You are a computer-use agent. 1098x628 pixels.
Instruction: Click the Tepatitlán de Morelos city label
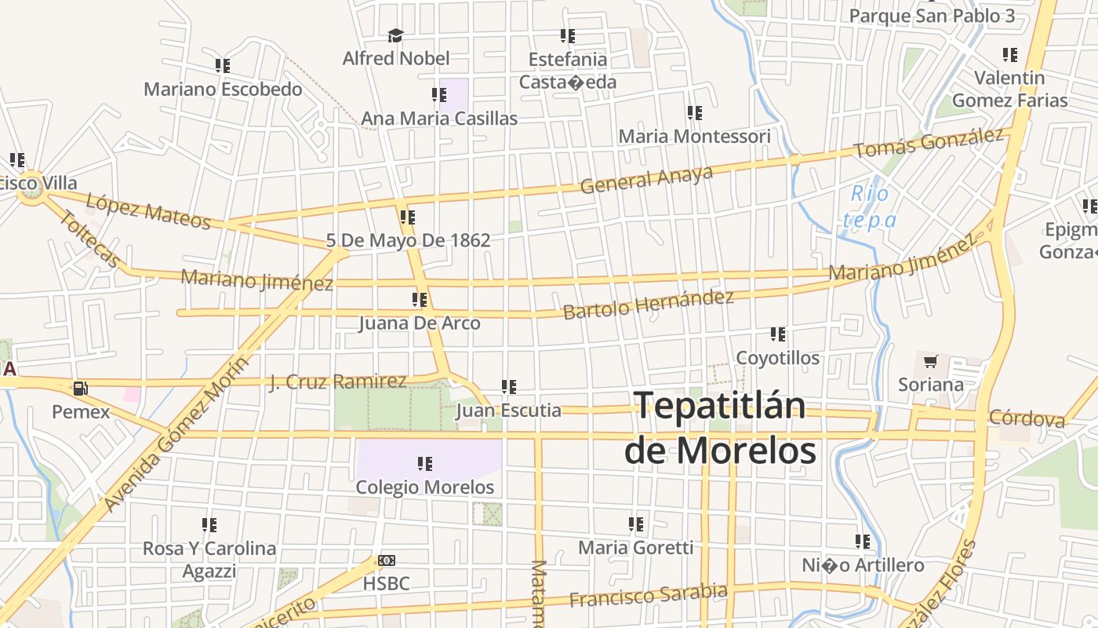[x=720, y=428]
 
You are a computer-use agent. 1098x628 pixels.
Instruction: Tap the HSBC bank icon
[x=387, y=560]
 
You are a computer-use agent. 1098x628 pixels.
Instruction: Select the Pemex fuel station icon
[x=80, y=388]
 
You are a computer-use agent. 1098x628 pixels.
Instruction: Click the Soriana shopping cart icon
[x=930, y=362]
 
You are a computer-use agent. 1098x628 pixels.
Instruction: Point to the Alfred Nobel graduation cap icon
[x=395, y=35]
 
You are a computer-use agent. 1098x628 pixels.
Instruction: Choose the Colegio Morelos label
[x=425, y=487]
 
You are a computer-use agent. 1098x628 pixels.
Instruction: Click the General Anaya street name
[x=646, y=180]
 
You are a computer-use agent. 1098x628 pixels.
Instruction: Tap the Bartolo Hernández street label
[x=649, y=304]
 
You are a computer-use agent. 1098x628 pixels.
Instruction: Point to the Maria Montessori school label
[x=694, y=137]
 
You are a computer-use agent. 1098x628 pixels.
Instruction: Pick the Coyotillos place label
[x=777, y=358]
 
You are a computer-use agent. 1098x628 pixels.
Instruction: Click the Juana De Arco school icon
[x=420, y=300]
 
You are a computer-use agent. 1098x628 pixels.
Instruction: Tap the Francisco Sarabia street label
[x=648, y=595]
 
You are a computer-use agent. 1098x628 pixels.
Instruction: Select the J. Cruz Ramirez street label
[x=338, y=382]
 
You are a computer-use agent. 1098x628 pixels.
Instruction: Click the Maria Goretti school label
[x=635, y=547]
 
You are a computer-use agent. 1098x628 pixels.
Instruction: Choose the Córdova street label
[x=1027, y=418]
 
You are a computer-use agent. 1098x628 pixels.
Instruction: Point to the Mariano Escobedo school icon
[x=223, y=66]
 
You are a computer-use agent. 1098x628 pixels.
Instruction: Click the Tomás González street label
[x=929, y=143]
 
